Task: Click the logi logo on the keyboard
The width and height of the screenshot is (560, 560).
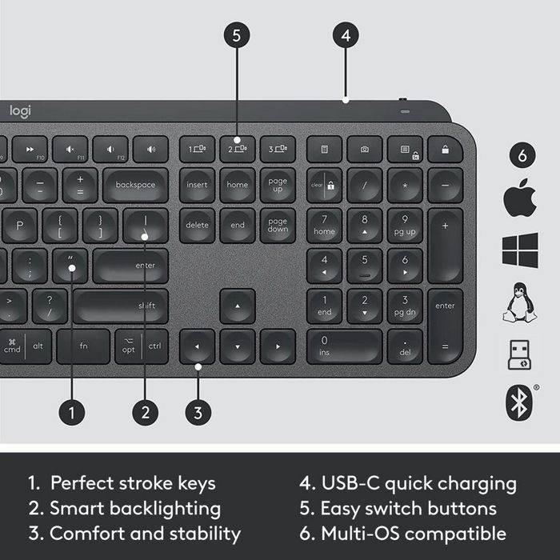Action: pos(20,112)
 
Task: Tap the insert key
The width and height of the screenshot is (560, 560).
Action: pos(197,185)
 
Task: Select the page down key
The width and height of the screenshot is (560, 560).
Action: pos(278,225)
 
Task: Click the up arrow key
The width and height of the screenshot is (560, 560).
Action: pos(238,306)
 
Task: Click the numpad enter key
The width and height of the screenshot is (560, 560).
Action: pos(445,326)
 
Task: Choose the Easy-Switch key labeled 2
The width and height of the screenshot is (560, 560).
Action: pos(238,149)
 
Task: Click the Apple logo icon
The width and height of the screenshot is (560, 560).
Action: pos(519,199)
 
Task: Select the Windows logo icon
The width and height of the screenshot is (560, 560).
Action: pos(520,250)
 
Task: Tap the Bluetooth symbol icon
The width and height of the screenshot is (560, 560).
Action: pos(519,403)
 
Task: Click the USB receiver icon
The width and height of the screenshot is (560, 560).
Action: pos(519,354)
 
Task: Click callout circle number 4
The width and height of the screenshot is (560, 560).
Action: pos(345,35)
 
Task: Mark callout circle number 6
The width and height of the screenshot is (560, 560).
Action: pos(522,157)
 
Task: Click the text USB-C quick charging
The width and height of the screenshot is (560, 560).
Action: pos(408,483)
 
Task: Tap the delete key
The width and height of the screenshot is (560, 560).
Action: pos(197,225)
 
